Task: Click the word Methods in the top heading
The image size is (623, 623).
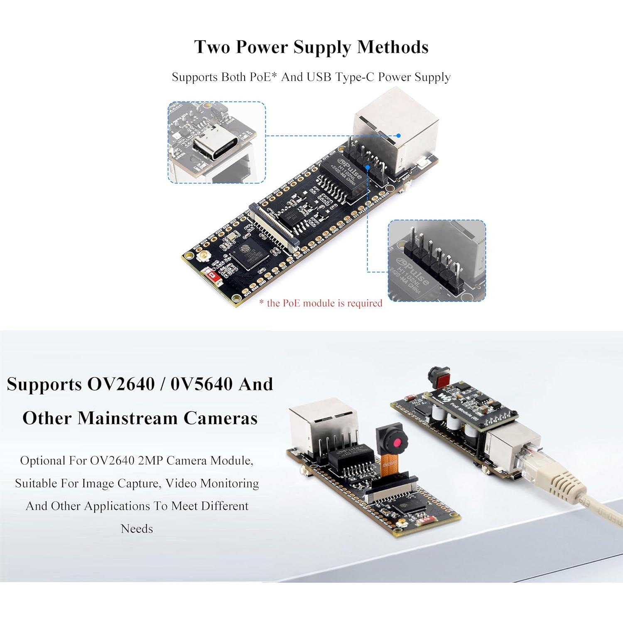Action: coord(392,47)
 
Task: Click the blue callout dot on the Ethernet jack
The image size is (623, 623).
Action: coord(398,135)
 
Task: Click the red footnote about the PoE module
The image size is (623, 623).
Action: coord(321,303)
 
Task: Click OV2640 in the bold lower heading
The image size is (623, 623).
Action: coord(120,384)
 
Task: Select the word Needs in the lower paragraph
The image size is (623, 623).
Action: coord(137,529)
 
